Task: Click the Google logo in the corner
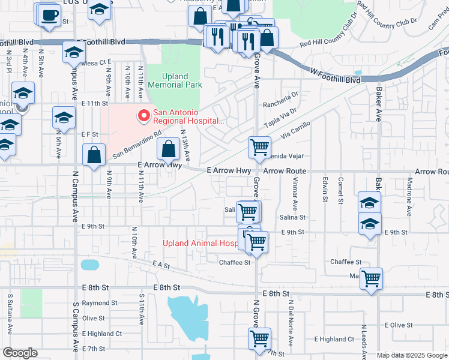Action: (x=20, y=353)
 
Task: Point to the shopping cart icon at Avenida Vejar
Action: (x=259, y=146)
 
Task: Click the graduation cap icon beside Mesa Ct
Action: (x=74, y=53)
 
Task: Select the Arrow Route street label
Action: (x=285, y=171)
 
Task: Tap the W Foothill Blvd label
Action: (x=336, y=80)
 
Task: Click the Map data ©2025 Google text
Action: (x=411, y=355)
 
